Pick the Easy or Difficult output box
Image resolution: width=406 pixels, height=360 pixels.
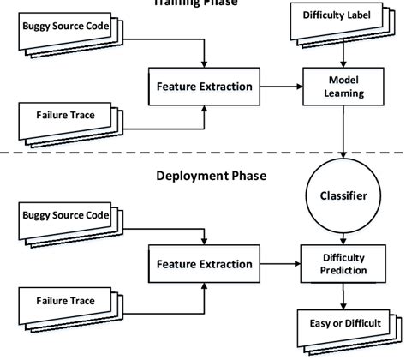[x=344, y=323]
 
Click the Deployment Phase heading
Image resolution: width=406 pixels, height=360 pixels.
[x=211, y=176]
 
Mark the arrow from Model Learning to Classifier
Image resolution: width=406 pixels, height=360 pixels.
[x=343, y=133]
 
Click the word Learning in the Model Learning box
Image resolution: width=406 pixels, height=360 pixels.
[x=343, y=94]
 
